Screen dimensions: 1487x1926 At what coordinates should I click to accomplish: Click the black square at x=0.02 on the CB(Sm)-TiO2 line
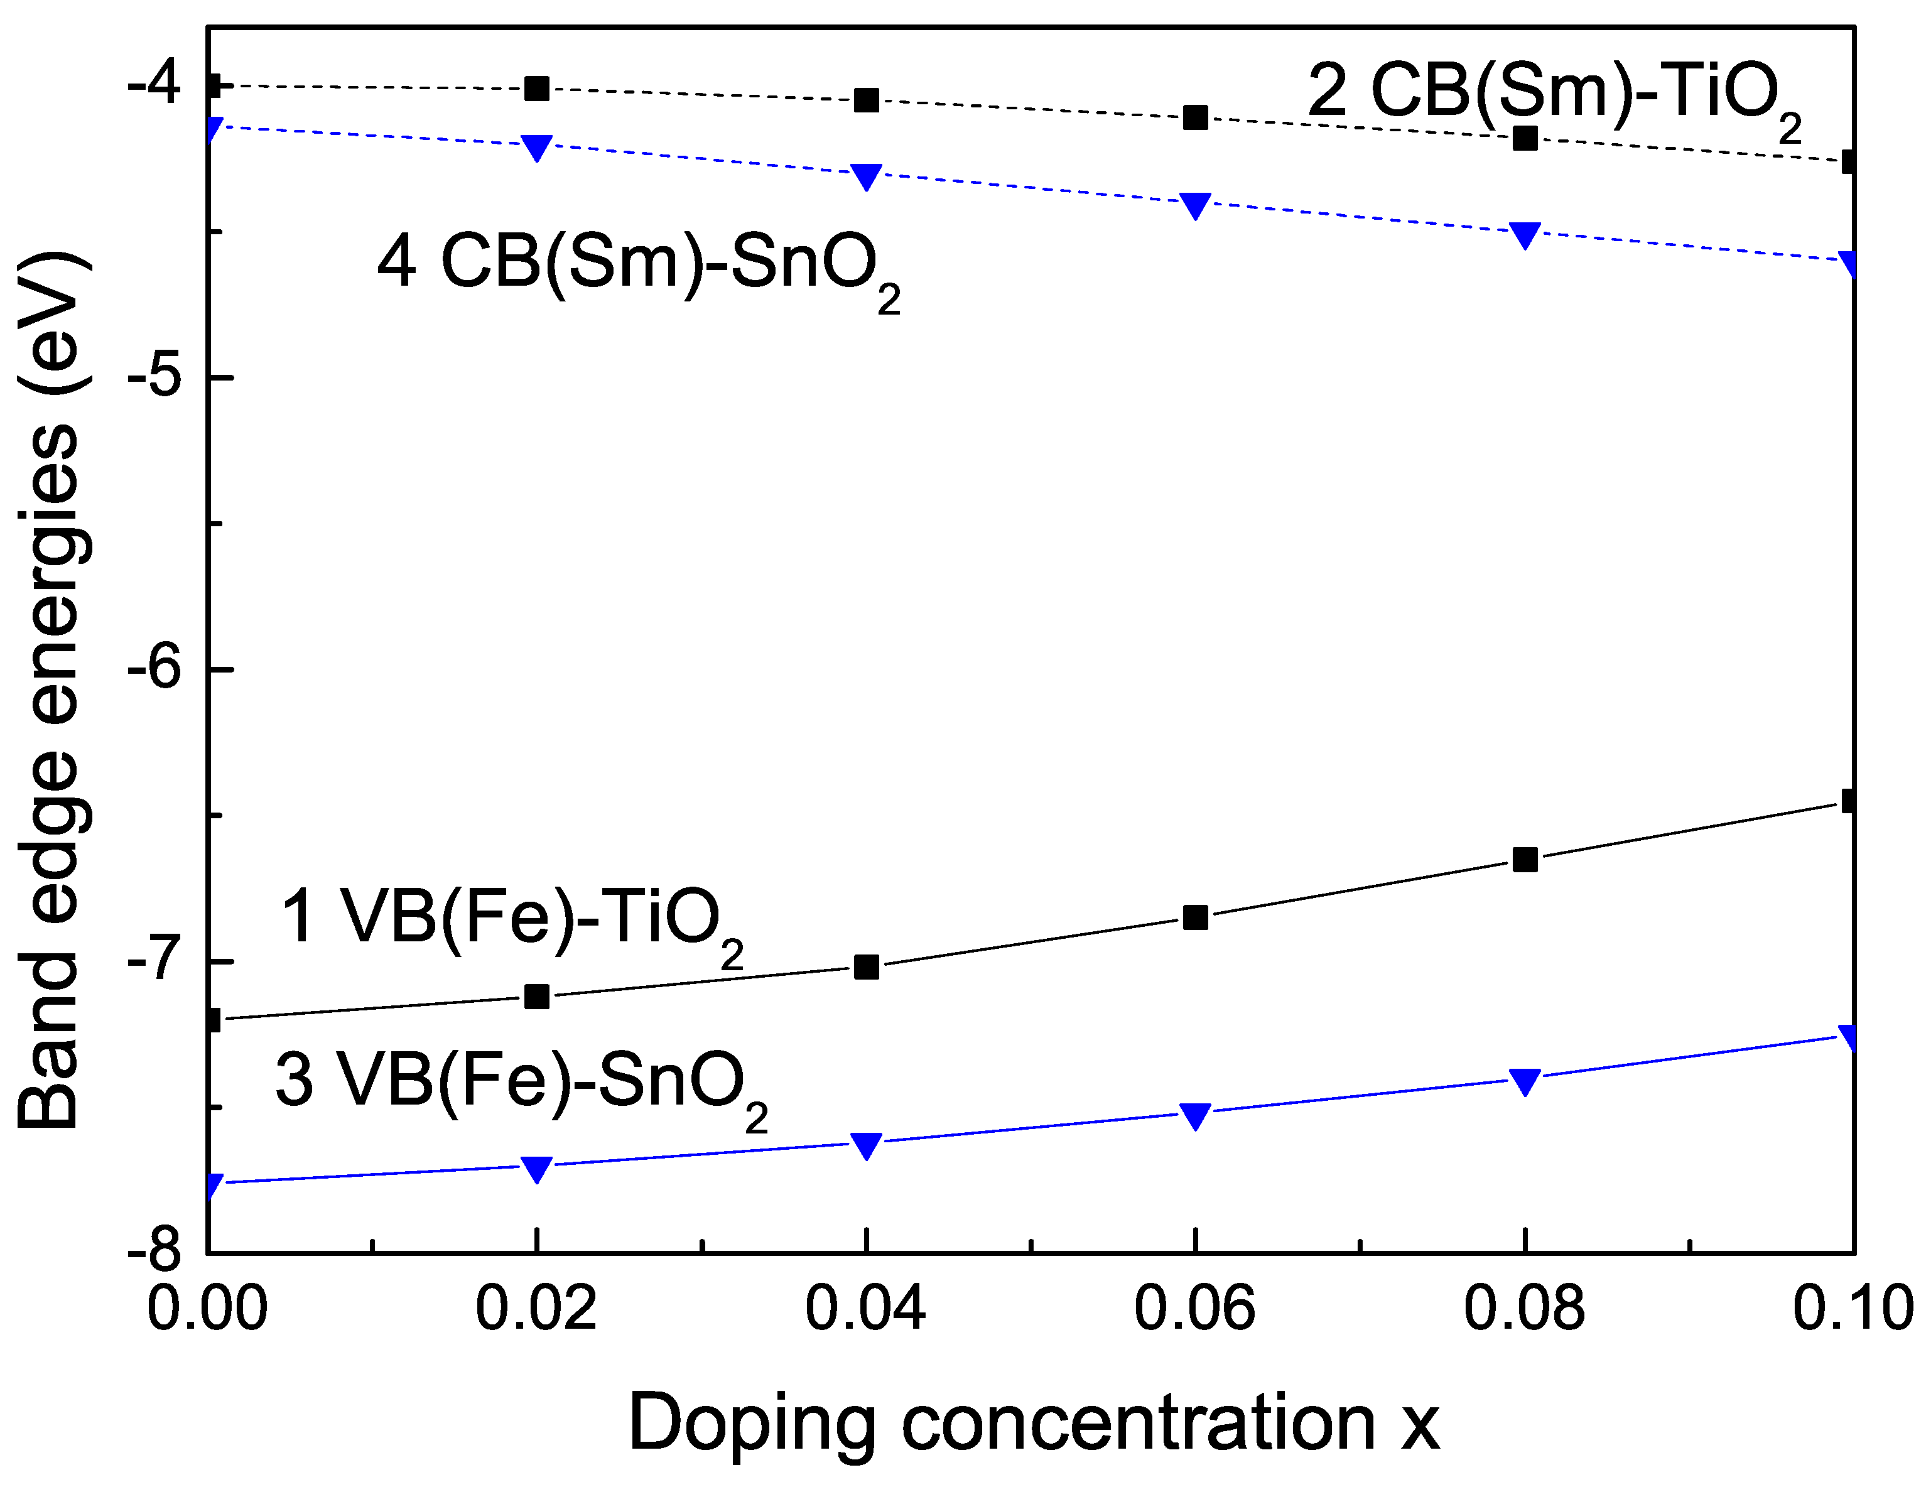(537, 88)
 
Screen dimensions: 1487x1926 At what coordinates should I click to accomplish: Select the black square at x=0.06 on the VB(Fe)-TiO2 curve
(1196, 917)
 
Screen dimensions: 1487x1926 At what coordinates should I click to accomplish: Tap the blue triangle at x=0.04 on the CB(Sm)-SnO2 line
(867, 175)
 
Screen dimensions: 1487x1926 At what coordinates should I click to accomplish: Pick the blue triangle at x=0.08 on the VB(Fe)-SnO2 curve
(1525, 1081)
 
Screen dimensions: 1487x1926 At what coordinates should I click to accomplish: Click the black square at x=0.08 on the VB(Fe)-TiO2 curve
(1525, 859)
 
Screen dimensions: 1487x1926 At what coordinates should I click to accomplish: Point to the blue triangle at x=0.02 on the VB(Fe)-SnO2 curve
(537, 1168)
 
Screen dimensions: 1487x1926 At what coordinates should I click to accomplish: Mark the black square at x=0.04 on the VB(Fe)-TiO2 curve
(867, 966)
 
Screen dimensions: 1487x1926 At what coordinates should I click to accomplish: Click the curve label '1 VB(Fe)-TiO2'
(511, 922)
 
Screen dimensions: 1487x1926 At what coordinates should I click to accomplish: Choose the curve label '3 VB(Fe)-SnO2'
(521, 1085)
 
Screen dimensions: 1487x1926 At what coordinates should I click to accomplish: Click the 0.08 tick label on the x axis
(1524, 1309)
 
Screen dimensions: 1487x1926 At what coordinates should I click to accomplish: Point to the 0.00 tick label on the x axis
(207, 1309)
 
